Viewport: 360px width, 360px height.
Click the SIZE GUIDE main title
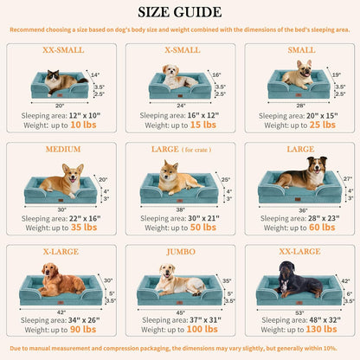pos(180,12)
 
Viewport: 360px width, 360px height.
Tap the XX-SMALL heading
pos(62,50)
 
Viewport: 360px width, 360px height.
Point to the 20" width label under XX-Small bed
pos(61,104)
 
